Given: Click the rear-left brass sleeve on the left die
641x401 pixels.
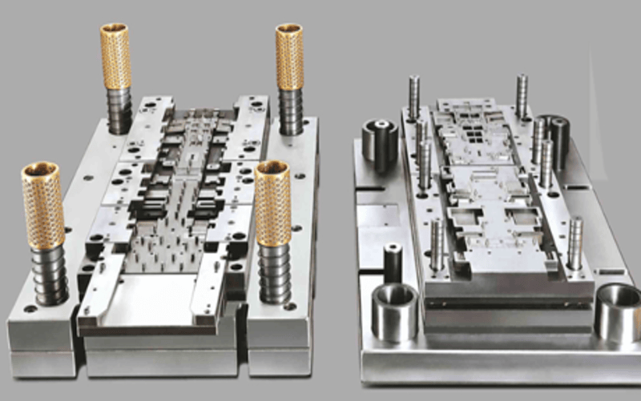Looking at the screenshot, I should click(x=115, y=56).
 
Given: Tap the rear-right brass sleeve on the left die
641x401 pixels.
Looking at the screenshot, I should click(x=289, y=56).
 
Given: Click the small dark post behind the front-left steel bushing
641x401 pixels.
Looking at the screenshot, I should click(x=393, y=261).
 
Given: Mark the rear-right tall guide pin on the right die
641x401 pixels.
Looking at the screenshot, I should click(x=522, y=96).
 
